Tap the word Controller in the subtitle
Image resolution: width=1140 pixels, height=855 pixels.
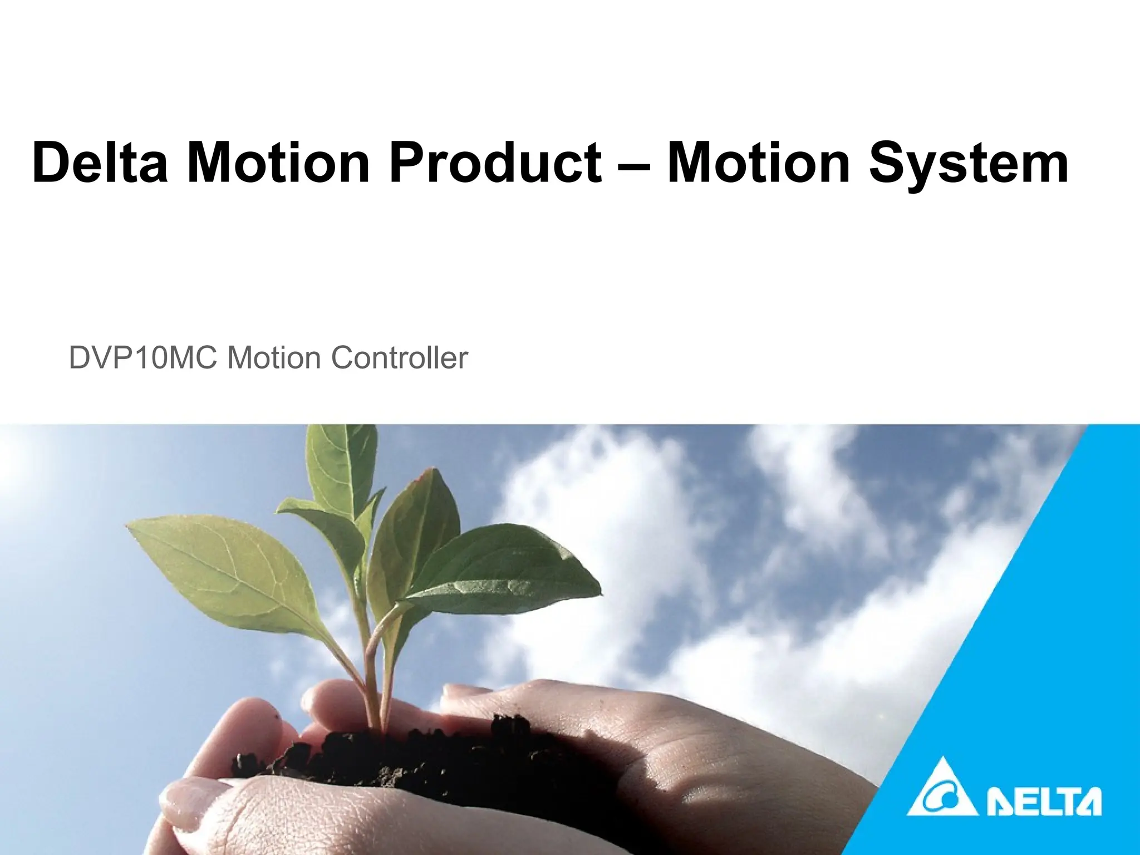(399, 358)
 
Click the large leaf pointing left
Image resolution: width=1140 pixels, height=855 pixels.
(223, 562)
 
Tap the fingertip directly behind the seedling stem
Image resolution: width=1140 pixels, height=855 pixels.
(328, 707)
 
